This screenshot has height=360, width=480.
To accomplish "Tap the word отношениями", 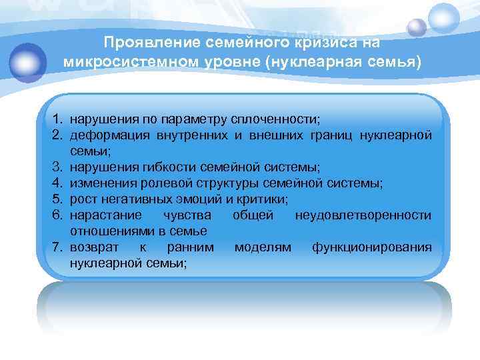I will coord(109,231).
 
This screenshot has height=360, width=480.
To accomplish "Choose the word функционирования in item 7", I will coord(371,247).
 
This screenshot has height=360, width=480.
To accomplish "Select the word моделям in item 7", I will coord(263,247).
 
